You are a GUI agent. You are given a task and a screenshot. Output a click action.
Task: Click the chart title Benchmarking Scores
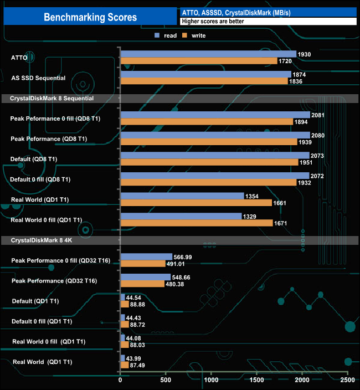tap(90, 17)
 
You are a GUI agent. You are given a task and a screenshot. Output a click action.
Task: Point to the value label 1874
tap(299, 74)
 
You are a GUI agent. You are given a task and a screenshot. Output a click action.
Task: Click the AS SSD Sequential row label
tap(38, 78)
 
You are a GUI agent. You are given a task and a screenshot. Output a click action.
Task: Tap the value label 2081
tap(318, 115)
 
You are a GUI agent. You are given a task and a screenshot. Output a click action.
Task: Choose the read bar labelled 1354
tap(182, 196)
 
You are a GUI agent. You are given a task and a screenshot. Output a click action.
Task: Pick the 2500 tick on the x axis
tap(347, 381)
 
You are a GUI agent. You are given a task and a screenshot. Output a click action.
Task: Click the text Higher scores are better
tap(212, 22)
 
